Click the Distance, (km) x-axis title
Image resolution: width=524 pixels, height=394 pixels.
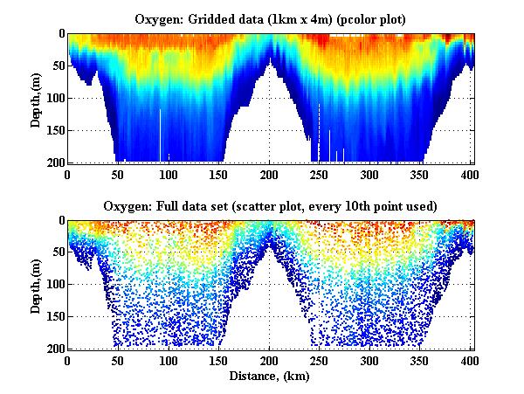[x=271, y=376]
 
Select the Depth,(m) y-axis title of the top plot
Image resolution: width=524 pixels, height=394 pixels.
[x=36, y=98]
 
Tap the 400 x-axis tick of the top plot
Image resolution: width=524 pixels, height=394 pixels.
[x=470, y=175]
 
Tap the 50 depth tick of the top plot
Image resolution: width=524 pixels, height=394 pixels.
[x=56, y=66]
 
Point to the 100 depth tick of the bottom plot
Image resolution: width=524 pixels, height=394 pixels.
[x=52, y=285]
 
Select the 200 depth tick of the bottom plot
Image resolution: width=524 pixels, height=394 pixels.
[x=52, y=349]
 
